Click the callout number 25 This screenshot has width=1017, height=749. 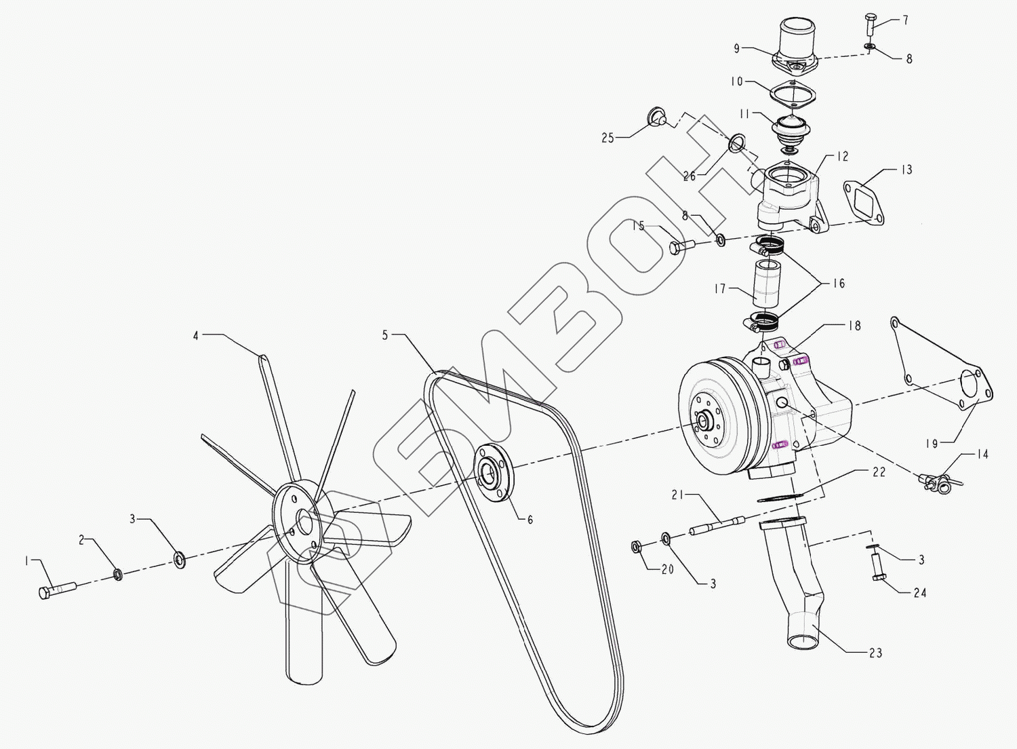click(x=608, y=138)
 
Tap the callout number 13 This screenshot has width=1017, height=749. click(x=906, y=170)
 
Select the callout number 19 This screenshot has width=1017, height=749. click(x=932, y=444)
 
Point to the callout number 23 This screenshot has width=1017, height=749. click(x=876, y=653)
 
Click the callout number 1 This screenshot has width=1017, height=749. click(x=27, y=562)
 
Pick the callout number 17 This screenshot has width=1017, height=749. click(x=720, y=289)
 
